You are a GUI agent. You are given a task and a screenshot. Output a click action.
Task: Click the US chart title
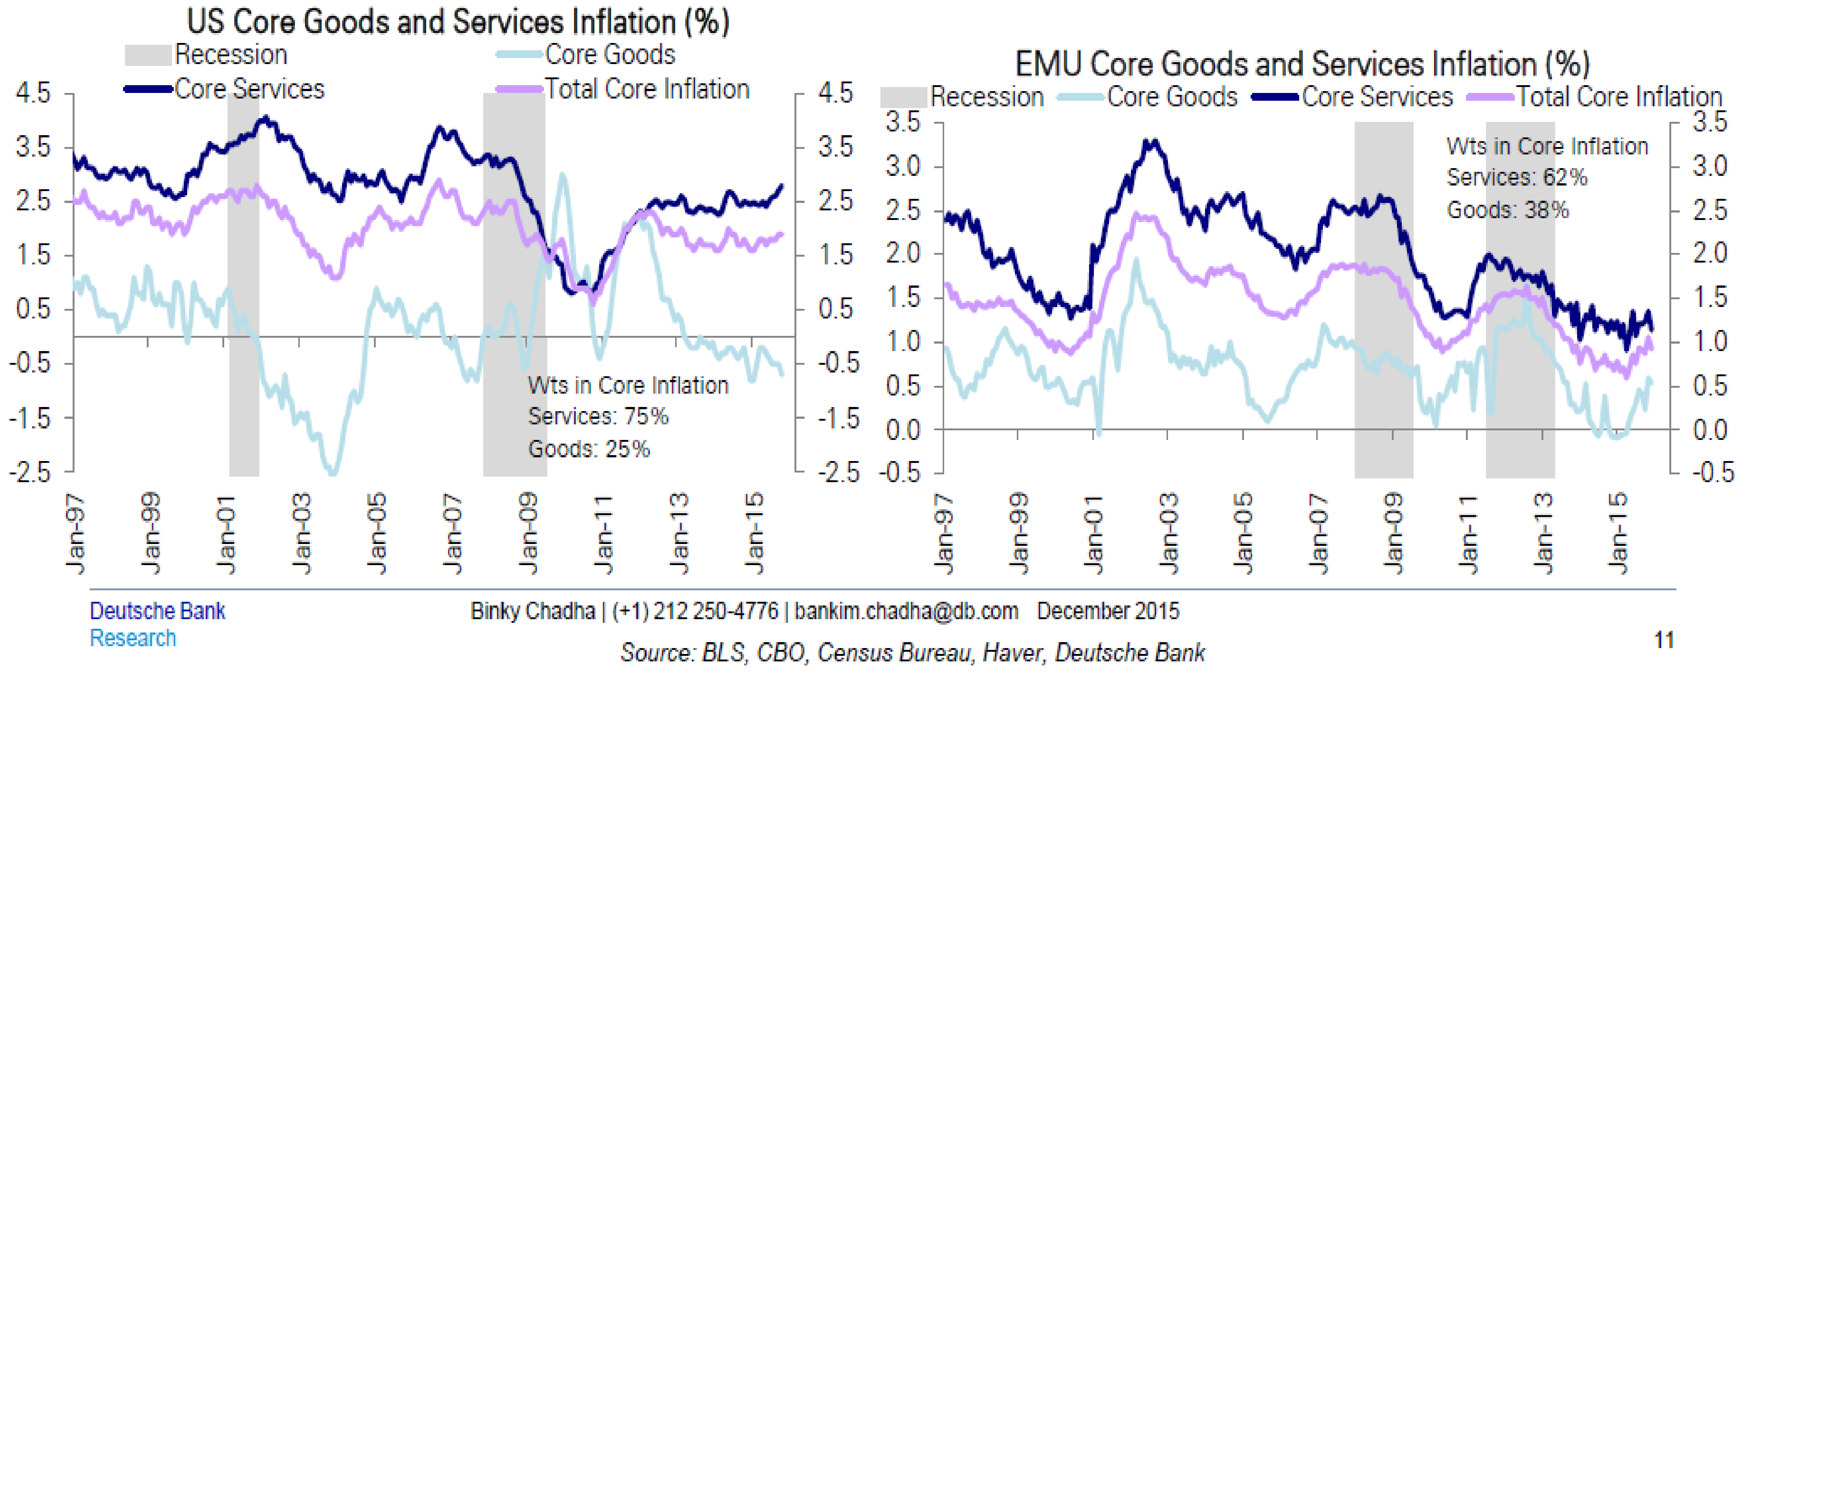pos(458,21)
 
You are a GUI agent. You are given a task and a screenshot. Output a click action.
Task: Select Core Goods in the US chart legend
pos(609,54)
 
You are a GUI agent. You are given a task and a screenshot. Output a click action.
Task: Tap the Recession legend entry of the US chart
pos(230,54)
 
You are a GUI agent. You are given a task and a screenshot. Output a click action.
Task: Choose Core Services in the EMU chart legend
pos(1376,97)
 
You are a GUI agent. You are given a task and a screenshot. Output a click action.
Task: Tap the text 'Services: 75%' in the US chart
pos(598,416)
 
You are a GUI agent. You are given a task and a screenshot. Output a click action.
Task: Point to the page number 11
pos(1663,640)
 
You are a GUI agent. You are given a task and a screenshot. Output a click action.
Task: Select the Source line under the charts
pos(912,652)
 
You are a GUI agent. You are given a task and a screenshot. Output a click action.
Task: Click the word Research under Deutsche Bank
pos(132,638)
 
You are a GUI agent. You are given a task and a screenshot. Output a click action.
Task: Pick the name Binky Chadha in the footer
pos(532,611)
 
